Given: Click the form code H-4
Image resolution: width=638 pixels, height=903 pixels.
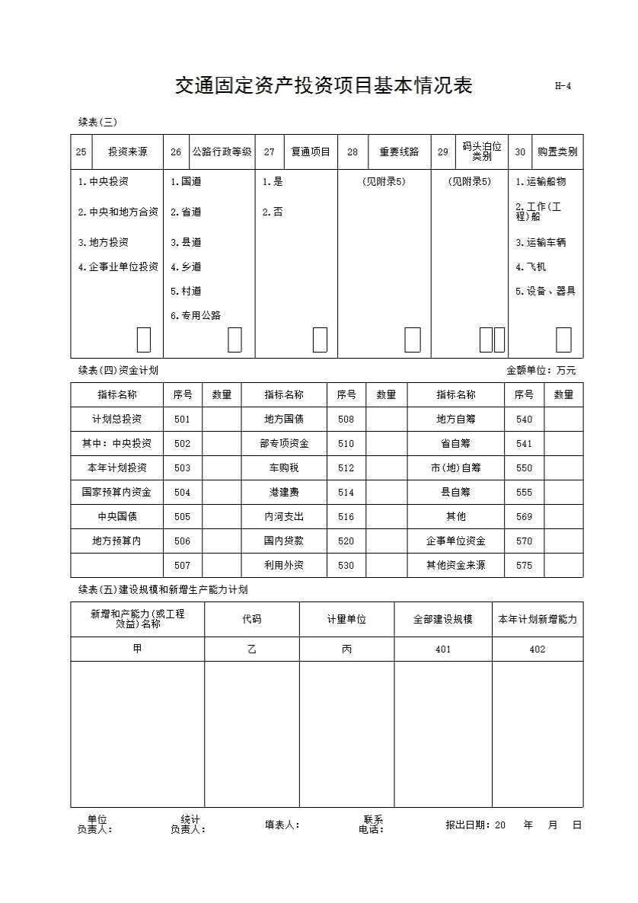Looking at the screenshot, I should click(x=563, y=86).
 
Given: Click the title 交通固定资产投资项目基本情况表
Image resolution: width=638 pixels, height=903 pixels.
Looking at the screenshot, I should click(x=324, y=85).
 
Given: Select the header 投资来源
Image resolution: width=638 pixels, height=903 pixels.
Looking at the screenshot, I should click(x=127, y=152).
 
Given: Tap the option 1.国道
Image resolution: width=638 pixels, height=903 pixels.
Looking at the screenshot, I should click(x=186, y=182).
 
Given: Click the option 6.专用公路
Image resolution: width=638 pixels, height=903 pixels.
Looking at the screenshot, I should click(x=196, y=315).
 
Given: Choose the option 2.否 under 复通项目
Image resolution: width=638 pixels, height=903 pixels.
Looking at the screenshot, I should click(x=273, y=212).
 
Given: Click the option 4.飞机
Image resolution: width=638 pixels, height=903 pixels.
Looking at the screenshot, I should click(x=531, y=267).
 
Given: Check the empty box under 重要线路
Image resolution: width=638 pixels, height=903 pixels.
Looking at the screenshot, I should click(x=412, y=340).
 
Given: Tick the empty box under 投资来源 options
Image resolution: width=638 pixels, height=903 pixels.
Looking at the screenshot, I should click(x=143, y=340).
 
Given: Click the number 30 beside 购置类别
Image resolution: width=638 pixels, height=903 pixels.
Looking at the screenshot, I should click(x=520, y=152).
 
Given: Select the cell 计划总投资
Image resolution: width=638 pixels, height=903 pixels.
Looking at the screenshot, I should click(x=116, y=420).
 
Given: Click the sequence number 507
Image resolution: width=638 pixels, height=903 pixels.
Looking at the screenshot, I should click(x=182, y=566).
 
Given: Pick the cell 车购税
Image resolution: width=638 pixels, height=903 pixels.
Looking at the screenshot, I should click(x=284, y=468).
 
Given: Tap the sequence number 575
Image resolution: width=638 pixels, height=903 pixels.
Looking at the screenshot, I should click(x=524, y=566).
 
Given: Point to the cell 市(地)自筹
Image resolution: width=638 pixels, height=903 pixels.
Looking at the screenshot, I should click(x=455, y=468).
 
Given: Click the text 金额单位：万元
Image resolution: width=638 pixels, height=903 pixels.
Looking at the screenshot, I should click(x=541, y=371).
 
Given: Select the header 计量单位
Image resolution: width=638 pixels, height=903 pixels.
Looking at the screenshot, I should click(x=346, y=620).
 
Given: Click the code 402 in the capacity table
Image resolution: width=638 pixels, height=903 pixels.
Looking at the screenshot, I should click(x=538, y=649).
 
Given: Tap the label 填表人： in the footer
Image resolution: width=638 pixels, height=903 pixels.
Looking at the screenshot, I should click(x=282, y=825).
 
